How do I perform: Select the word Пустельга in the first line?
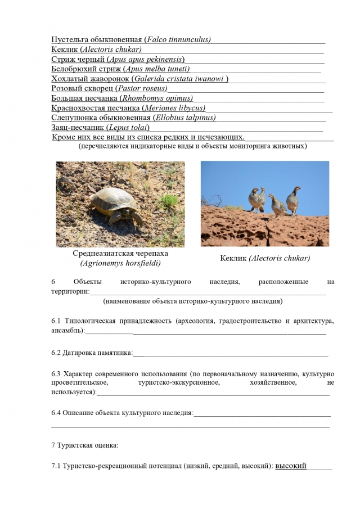pyautogui.click(x=71, y=39)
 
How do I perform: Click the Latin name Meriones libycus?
pyautogui.click(x=174, y=108)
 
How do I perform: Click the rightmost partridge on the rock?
pyautogui.click(x=293, y=200)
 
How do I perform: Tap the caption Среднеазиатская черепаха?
pyautogui.click(x=120, y=253)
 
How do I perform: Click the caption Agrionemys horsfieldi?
pyautogui.click(x=120, y=263)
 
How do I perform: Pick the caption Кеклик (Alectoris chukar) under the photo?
pyautogui.click(x=264, y=258)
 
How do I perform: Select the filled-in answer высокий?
pyautogui.click(x=291, y=466)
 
